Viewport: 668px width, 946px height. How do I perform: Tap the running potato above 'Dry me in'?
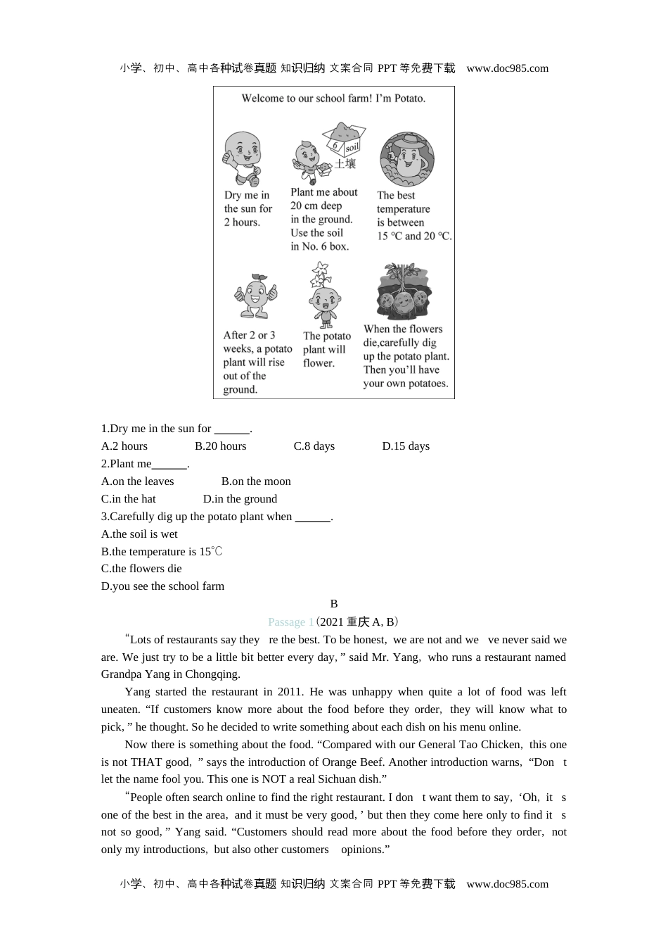pos(241,158)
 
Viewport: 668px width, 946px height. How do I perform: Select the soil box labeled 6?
pos(344,139)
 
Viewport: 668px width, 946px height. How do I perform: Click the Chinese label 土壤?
pos(345,163)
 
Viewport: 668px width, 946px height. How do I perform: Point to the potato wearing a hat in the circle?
pos(407,160)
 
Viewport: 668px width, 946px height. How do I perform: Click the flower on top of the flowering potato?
pos(321,272)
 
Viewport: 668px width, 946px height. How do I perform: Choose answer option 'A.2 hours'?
pos(124,446)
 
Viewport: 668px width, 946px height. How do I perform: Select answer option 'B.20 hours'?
pos(221,446)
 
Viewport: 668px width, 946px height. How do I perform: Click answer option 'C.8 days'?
pos(314,446)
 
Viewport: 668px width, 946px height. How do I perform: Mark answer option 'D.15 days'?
pos(406,446)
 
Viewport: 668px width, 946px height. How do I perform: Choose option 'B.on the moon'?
pos(256,481)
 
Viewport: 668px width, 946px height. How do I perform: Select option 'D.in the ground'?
pos(240,499)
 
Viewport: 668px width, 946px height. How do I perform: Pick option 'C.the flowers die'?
pos(141,569)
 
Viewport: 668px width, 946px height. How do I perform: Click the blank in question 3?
pos(312,518)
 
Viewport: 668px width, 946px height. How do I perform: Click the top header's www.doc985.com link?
pos(507,68)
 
